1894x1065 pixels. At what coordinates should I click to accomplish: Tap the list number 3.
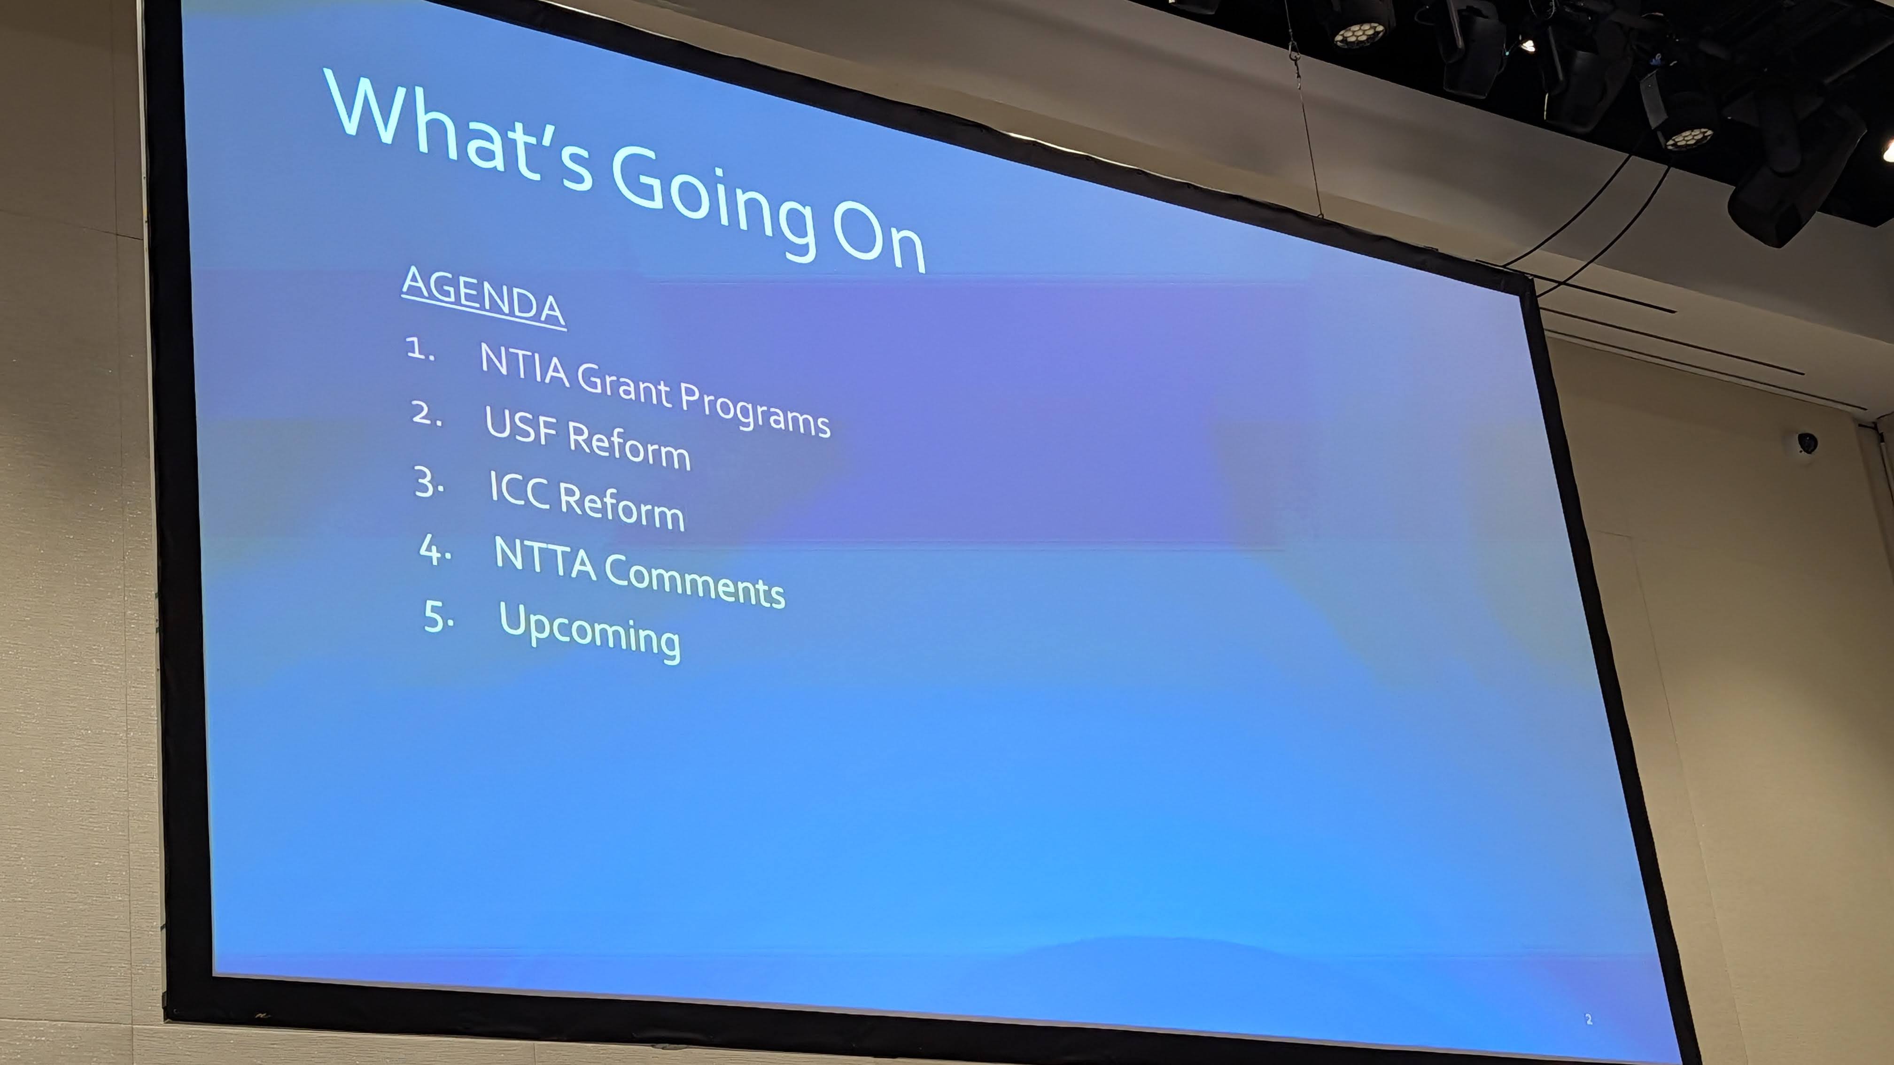[x=429, y=483]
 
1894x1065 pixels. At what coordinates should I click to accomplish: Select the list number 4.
[x=435, y=550]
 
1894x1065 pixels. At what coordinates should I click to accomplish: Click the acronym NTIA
[x=524, y=365]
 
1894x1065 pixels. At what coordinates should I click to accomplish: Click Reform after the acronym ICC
[x=622, y=506]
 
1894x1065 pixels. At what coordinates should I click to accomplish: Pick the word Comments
[x=695, y=582]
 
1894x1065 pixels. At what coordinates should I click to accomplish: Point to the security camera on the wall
[x=1806, y=443]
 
